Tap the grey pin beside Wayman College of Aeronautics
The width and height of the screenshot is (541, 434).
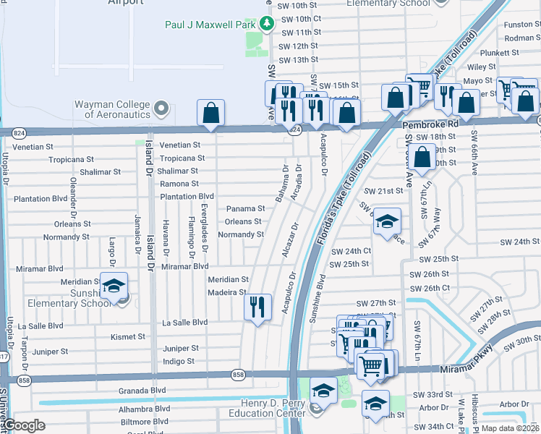[161, 109]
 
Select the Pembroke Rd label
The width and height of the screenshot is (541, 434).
[430, 124]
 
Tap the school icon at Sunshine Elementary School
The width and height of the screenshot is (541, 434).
[114, 286]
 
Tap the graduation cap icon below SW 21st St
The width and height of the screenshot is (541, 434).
[388, 222]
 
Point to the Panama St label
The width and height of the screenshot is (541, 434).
[246, 208]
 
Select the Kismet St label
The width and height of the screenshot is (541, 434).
[127, 336]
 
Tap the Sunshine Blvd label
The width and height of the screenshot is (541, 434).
[318, 286]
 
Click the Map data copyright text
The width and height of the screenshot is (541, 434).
[510, 428]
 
